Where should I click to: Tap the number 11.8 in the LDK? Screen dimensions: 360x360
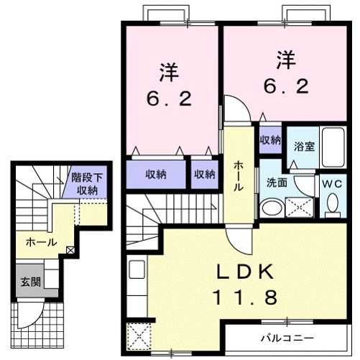point(244,295)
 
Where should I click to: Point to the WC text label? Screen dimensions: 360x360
point(331,184)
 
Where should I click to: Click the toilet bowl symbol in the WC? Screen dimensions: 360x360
point(331,205)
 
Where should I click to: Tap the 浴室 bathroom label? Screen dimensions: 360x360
point(304,147)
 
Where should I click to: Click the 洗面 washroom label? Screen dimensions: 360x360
point(277,183)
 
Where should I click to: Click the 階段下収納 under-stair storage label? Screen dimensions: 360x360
point(86,184)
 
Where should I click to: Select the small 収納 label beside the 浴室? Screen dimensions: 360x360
point(270,140)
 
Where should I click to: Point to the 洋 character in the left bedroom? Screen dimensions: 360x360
point(170,73)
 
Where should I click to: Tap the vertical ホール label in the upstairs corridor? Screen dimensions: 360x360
point(238,175)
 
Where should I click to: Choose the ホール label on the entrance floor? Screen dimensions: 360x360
point(41,243)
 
